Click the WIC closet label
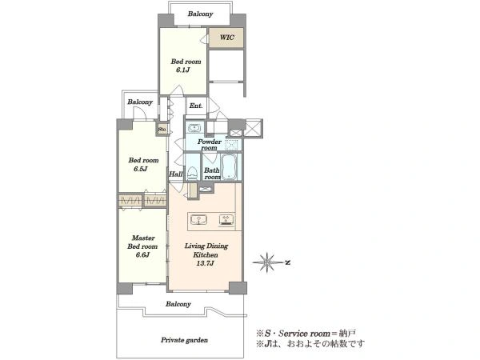pos(227,38)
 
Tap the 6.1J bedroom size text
pos(182,70)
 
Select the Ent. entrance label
pos(196,106)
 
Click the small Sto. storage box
pos(162,129)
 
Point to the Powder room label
pos(210,145)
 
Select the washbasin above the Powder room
pos(194,128)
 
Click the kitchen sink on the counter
pos(198,220)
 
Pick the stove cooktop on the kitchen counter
pos(226,220)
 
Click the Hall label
pos(176,174)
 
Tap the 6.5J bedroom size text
pos(141,169)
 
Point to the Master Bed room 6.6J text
pos(142,246)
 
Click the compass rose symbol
pos(267,262)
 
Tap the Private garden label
pos(184,340)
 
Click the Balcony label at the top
pos(200,14)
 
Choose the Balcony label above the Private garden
pos(178,304)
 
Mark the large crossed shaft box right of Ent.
pos(254,129)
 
